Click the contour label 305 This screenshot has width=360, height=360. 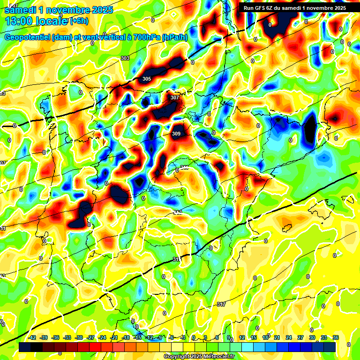[147, 79]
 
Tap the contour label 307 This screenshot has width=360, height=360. [175, 97]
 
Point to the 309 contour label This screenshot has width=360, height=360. [176, 134]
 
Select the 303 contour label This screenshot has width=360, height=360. [125, 58]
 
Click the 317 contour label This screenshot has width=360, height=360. [221, 304]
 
